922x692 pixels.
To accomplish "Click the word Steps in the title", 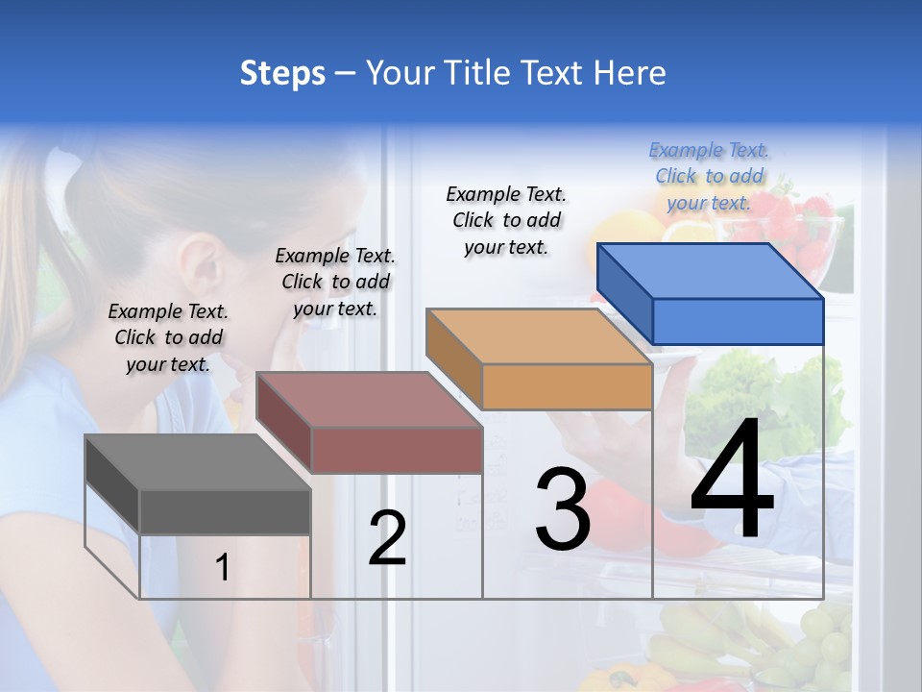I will [282, 73].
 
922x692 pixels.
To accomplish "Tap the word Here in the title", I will [629, 73].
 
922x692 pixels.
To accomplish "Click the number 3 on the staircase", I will [562, 509].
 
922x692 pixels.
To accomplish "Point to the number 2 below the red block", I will [387, 538].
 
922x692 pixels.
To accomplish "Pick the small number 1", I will [222, 567].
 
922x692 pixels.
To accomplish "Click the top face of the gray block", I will [197, 462].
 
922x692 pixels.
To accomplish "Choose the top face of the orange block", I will [538, 336].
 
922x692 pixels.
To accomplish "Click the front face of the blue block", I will [738, 321].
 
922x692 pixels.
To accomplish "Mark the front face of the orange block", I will [567, 387].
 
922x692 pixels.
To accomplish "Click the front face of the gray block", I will [225, 511].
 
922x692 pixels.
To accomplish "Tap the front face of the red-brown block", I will [397, 450].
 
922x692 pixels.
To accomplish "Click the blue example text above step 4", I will [709, 176].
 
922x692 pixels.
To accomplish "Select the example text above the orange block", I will [506, 220].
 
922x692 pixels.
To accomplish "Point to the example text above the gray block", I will [168, 337].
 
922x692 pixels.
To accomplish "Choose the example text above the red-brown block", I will [335, 282].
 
